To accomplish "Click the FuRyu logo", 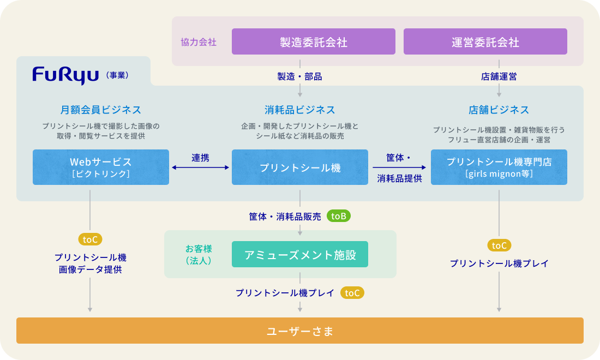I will pyautogui.click(x=65, y=74).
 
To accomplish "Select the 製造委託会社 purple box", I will pyautogui.click(x=314, y=42).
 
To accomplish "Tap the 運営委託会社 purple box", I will pyautogui.click(x=485, y=42).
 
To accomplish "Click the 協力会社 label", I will pyautogui.click(x=199, y=42).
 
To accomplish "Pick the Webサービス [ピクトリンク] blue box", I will pyautogui.click(x=101, y=167).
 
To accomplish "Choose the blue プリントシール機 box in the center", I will pyautogui.click(x=300, y=167).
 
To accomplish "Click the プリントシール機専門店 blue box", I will pyautogui.click(x=499, y=167).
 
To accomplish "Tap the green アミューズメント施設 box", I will pyautogui.click(x=300, y=254).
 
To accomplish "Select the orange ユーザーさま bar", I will pyautogui.click(x=300, y=331).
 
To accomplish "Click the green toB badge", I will pyautogui.click(x=339, y=216).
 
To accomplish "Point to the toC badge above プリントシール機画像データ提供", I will pyautogui.click(x=90, y=239).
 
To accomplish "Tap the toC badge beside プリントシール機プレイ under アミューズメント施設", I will pyautogui.click(x=352, y=293).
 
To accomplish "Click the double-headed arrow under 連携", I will pyautogui.click(x=200, y=168).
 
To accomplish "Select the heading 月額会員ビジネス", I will pyautogui.click(x=101, y=110).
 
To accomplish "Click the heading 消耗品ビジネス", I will pyautogui.click(x=300, y=110).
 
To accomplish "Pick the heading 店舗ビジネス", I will pyautogui.click(x=499, y=110).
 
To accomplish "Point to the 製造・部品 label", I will pyautogui.click(x=300, y=77).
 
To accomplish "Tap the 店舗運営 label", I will pyautogui.click(x=499, y=77).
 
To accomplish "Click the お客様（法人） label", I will pyautogui.click(x=198, y=254).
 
